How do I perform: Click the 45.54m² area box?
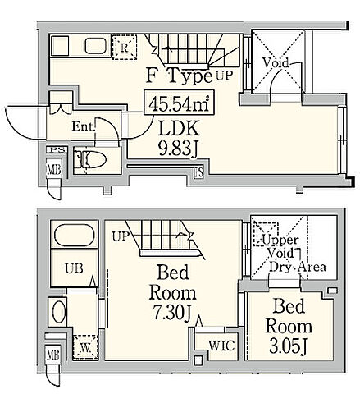tap(179, 102)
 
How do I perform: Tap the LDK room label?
tap(179, 129)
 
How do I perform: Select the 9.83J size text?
tap(178, 149)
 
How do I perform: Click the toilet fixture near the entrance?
tap(91, 160)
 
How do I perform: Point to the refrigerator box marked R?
tap(125, 47)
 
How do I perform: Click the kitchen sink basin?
tap(95, 46)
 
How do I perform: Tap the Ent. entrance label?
tap(84, 126)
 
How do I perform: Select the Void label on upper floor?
tap(276, 63)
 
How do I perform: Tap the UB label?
tap(74, 268)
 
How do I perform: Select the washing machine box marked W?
tap(85, 347)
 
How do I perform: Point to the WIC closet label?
tap(221, 346)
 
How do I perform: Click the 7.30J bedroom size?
tap(171, 313)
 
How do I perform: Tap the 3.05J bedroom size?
tap(289, 346)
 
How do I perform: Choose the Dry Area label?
tap(298, 267)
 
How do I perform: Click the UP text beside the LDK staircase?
tap(225, 76)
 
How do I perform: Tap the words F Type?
tap(180, 76)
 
